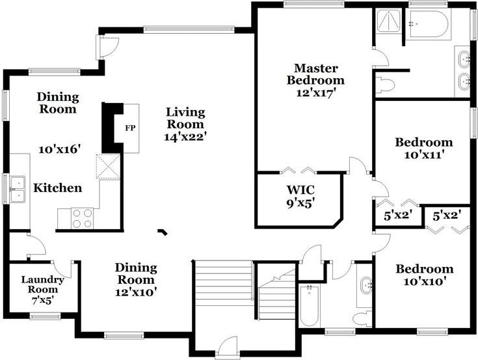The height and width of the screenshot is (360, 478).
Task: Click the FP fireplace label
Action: coord(130,128)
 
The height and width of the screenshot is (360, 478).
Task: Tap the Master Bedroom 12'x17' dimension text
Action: coord(316,92)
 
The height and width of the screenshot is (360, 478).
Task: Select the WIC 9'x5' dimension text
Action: coord(300,203)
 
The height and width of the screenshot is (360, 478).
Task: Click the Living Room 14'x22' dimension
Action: coord(185,137)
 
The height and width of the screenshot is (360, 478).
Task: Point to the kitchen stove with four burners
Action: coord(83,219)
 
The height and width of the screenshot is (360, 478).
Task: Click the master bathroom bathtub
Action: coord(429,24)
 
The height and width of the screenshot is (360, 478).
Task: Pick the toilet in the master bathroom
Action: coord(385,85)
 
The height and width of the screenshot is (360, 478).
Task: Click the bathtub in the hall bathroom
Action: coord(309,305)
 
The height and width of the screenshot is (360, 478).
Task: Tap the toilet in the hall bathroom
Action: coord(362,319)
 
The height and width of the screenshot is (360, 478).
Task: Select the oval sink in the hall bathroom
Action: coord(366,285)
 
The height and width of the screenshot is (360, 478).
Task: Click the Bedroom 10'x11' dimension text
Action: coord(424,155)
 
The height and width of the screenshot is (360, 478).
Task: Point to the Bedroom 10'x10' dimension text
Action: coord(425,281)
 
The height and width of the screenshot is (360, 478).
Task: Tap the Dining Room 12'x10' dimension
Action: coord(136,292)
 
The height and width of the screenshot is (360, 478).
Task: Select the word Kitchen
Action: coord(58,188)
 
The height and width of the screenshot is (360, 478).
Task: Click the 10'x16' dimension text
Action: coord(59,150)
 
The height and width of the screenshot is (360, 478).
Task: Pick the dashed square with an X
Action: coord(108,166)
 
